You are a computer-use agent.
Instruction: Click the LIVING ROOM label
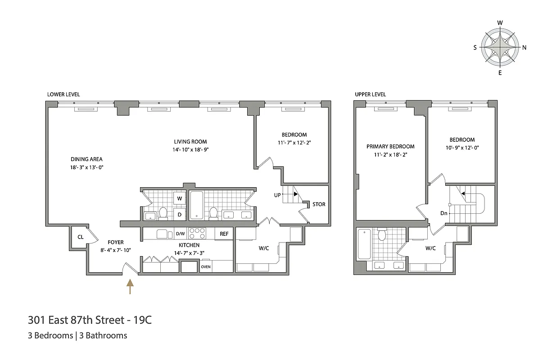click(x=190, y=142)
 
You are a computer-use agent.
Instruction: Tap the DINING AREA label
click(x=86, y=159)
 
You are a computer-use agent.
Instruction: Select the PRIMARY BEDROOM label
click(x=390, y=146)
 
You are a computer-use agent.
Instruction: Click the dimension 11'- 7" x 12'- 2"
click(x=294, y=143)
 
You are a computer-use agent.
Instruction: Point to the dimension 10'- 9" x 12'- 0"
click(x=462, y=147)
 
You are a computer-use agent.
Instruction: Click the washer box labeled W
click(x=179, y=198)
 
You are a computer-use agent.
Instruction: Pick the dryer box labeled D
click(x=179, y=214)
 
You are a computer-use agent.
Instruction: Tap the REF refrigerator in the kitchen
click(x=224, y=234)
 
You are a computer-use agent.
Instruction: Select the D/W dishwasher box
click(x=180, y=234)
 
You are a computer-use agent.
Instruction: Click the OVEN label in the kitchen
click(x=206, y=266)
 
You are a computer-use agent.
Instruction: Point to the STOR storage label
click(x=319, y=204)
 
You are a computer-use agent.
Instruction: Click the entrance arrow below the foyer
click(x=130, y=286)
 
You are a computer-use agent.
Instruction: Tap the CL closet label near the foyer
click(x=80, y=237)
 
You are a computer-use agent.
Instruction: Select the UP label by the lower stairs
click(x=278, y=195)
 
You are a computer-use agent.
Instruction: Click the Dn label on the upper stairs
click(x=444, y=213)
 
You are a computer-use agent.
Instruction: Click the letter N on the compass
click(x=525, y=47)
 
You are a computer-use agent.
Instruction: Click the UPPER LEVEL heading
click(x=370, y=94)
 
